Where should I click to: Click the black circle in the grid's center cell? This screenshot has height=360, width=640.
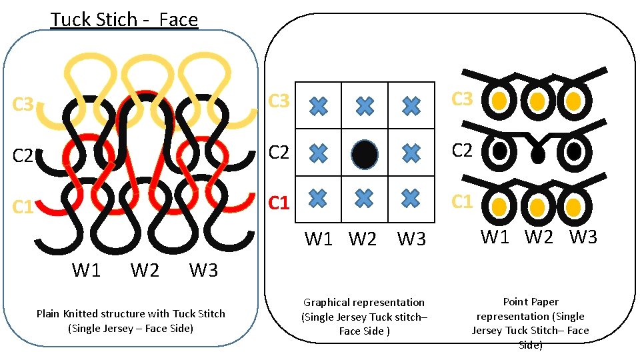364,153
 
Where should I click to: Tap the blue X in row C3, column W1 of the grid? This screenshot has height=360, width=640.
319,105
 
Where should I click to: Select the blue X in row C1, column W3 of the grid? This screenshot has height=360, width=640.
411,197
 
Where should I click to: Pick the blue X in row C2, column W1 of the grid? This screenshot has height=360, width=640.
319,152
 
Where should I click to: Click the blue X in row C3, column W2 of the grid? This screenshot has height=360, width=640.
364,105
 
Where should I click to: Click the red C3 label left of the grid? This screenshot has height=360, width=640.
279,102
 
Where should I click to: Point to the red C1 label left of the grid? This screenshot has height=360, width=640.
279,202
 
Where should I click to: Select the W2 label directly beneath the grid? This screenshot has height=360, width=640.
363,239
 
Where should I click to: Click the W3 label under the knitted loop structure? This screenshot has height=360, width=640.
203,270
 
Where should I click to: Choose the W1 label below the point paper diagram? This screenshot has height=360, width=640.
495,236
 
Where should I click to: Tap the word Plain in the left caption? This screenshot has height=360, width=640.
48,313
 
